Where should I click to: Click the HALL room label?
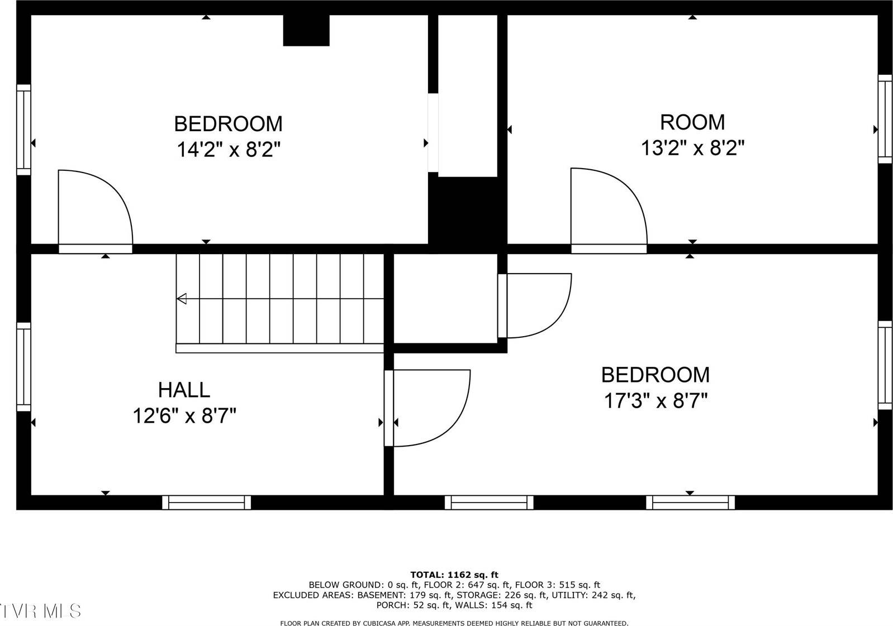point(184,389)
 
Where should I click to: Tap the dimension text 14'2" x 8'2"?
point(228,150)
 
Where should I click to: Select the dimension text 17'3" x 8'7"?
point(655,400)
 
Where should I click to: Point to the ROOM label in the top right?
point(692,122)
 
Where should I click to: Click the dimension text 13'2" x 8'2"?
point(692,148)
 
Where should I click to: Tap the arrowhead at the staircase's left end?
point(182,299)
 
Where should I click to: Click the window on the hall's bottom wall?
point(206,503)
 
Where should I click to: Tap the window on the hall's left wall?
point(23,366)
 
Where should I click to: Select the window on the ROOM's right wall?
point(885,119)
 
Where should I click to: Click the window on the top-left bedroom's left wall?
point(23,130)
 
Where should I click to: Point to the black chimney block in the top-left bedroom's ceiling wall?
point(306,30)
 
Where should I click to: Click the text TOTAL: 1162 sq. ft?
point(454,575)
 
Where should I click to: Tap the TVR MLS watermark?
point(40,610)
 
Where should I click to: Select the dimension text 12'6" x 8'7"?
point(184,416)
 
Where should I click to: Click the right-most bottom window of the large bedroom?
point(690,503)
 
